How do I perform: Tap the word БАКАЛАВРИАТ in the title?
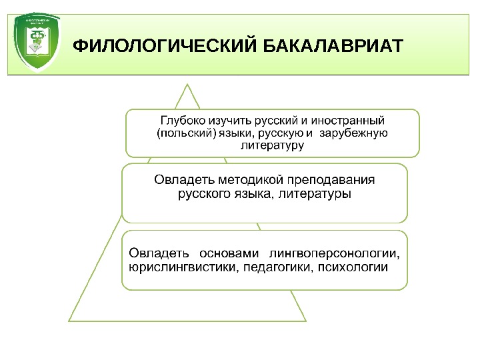(332, 47)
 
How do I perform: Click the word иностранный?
(351, 122)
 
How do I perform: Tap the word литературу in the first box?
(272, 146)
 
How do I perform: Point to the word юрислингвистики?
(170, 267)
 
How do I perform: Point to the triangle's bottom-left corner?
(69, 321)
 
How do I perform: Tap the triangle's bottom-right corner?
(306, 321)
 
